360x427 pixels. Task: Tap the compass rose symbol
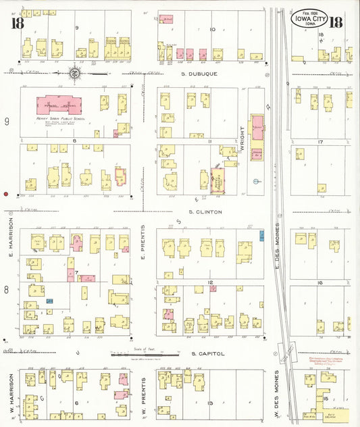point(75,73)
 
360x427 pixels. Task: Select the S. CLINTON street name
point(201,211)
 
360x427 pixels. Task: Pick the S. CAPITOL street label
point(203,353)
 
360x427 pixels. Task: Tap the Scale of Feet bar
point(144,352)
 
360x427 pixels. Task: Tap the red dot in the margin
point(6,194)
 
